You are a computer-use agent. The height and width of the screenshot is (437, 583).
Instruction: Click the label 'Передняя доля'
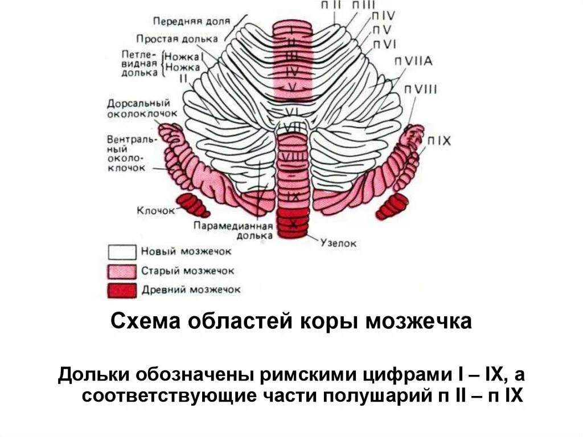pyautogui.click(x=191, y=21)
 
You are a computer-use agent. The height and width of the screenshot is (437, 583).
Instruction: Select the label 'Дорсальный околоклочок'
pyautogui.click(x=138, y=108)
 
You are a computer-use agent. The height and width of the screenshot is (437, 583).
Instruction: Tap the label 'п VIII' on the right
pyautogui.click(x=421, y=89)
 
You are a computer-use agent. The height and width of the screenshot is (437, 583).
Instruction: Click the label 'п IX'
pyautogui.click(x=439, y=140)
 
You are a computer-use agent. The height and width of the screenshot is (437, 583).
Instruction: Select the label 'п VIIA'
pyautogui.click(x=415, y=62)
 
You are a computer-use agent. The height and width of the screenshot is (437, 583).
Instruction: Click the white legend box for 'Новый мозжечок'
pyautogui.click(x=122, y=252)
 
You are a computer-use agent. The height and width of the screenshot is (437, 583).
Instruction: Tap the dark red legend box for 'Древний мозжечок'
pyautogui.click(x=122, y=289)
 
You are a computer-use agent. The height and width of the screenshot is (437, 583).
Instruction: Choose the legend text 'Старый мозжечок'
pyautogui.click(x=187, y=271)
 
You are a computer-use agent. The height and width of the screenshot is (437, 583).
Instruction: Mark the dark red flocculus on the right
pyautogui.click(x=393, y=205)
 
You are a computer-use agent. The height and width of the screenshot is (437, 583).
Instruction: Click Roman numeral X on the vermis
pyautogui.click(x=293, y=223)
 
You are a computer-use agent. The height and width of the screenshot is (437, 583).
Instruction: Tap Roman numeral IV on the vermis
pyautogui.click(x=292, y=72)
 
